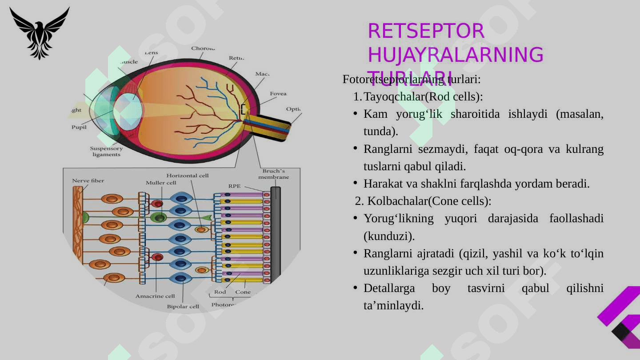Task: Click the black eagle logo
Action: tap(39, 33)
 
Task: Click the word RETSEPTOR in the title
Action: tap(426, 31)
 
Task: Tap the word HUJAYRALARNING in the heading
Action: tap(455, 55)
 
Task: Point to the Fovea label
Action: tap(278, 94)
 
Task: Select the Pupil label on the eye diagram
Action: tap(79, 127)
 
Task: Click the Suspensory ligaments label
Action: tap(106, 152)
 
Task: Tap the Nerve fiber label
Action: tap(88, 181)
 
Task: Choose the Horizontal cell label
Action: tap(187, 176)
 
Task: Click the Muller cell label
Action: tap(161, 183)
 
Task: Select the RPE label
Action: tap(234, 186)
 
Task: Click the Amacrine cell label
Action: tap(155, 296)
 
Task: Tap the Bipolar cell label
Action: tap(183, 307)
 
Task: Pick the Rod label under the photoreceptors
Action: tap(220, 292)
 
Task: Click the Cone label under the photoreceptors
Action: tap(243, 292)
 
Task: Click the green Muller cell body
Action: tap(158, 217)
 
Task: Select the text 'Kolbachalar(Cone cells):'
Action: tap(423, 201)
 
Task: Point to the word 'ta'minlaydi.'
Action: tap(393, 305)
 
